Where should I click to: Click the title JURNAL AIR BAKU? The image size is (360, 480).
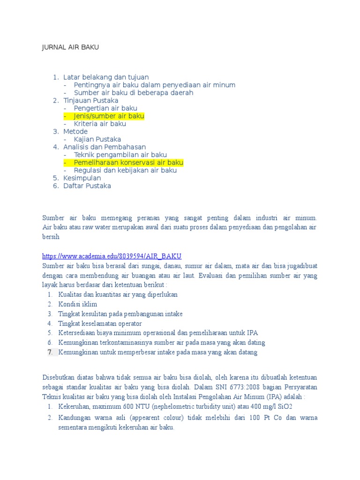point(71,47)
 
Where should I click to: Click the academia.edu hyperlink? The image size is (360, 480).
point(112,256)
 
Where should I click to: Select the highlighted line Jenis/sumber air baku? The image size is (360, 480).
point(109,116)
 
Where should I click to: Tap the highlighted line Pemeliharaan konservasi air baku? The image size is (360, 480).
point(128,163)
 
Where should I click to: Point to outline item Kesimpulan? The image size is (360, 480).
point(82,178)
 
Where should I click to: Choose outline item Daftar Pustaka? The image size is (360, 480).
point(87,186)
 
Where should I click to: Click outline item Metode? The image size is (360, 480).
point(75,132)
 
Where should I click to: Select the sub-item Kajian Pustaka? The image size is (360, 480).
point(97,139)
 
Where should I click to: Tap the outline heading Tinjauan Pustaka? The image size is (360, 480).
point(90,100)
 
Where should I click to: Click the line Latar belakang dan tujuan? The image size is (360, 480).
point(106,77)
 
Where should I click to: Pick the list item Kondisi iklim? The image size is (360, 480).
point(78,304)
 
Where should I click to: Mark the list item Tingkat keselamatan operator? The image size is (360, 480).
point(100,323)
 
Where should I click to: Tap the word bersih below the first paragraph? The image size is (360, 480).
point(51,237)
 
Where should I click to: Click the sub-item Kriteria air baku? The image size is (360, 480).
point(100,124)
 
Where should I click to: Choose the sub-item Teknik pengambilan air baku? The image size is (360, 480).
point(120,155)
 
